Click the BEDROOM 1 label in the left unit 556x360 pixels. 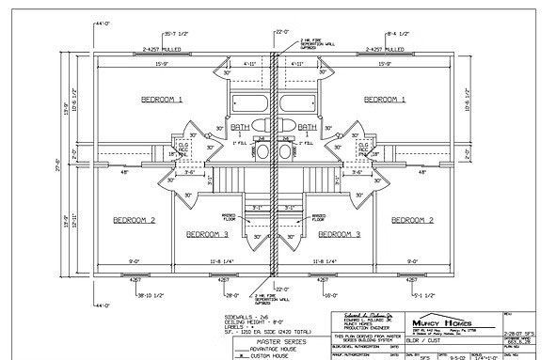161,99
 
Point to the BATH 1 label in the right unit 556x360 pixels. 308,128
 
